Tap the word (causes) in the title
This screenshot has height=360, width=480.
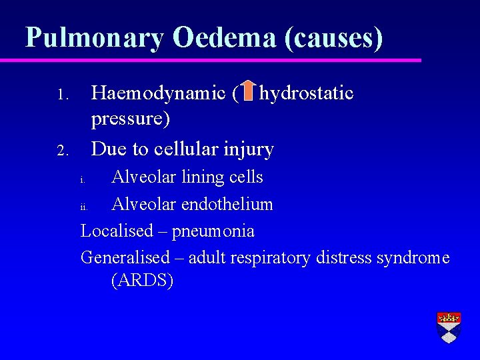coord(333,37)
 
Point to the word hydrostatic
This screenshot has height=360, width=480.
coord(307,93)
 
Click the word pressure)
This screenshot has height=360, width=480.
coord(131,119)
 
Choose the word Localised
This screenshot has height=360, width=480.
coord(117,231)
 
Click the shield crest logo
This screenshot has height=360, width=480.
coord(449,327)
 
